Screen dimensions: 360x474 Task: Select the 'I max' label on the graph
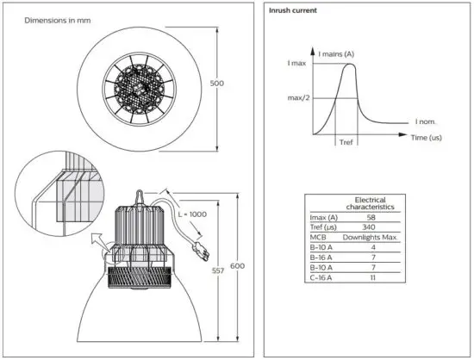pos(296,65)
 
